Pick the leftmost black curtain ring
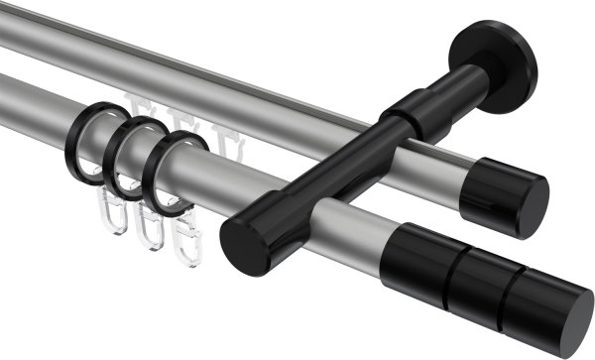click(x=88, y=139)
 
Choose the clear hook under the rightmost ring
click(x=185, y=238)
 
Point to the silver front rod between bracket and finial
click(x=357, y=228)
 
